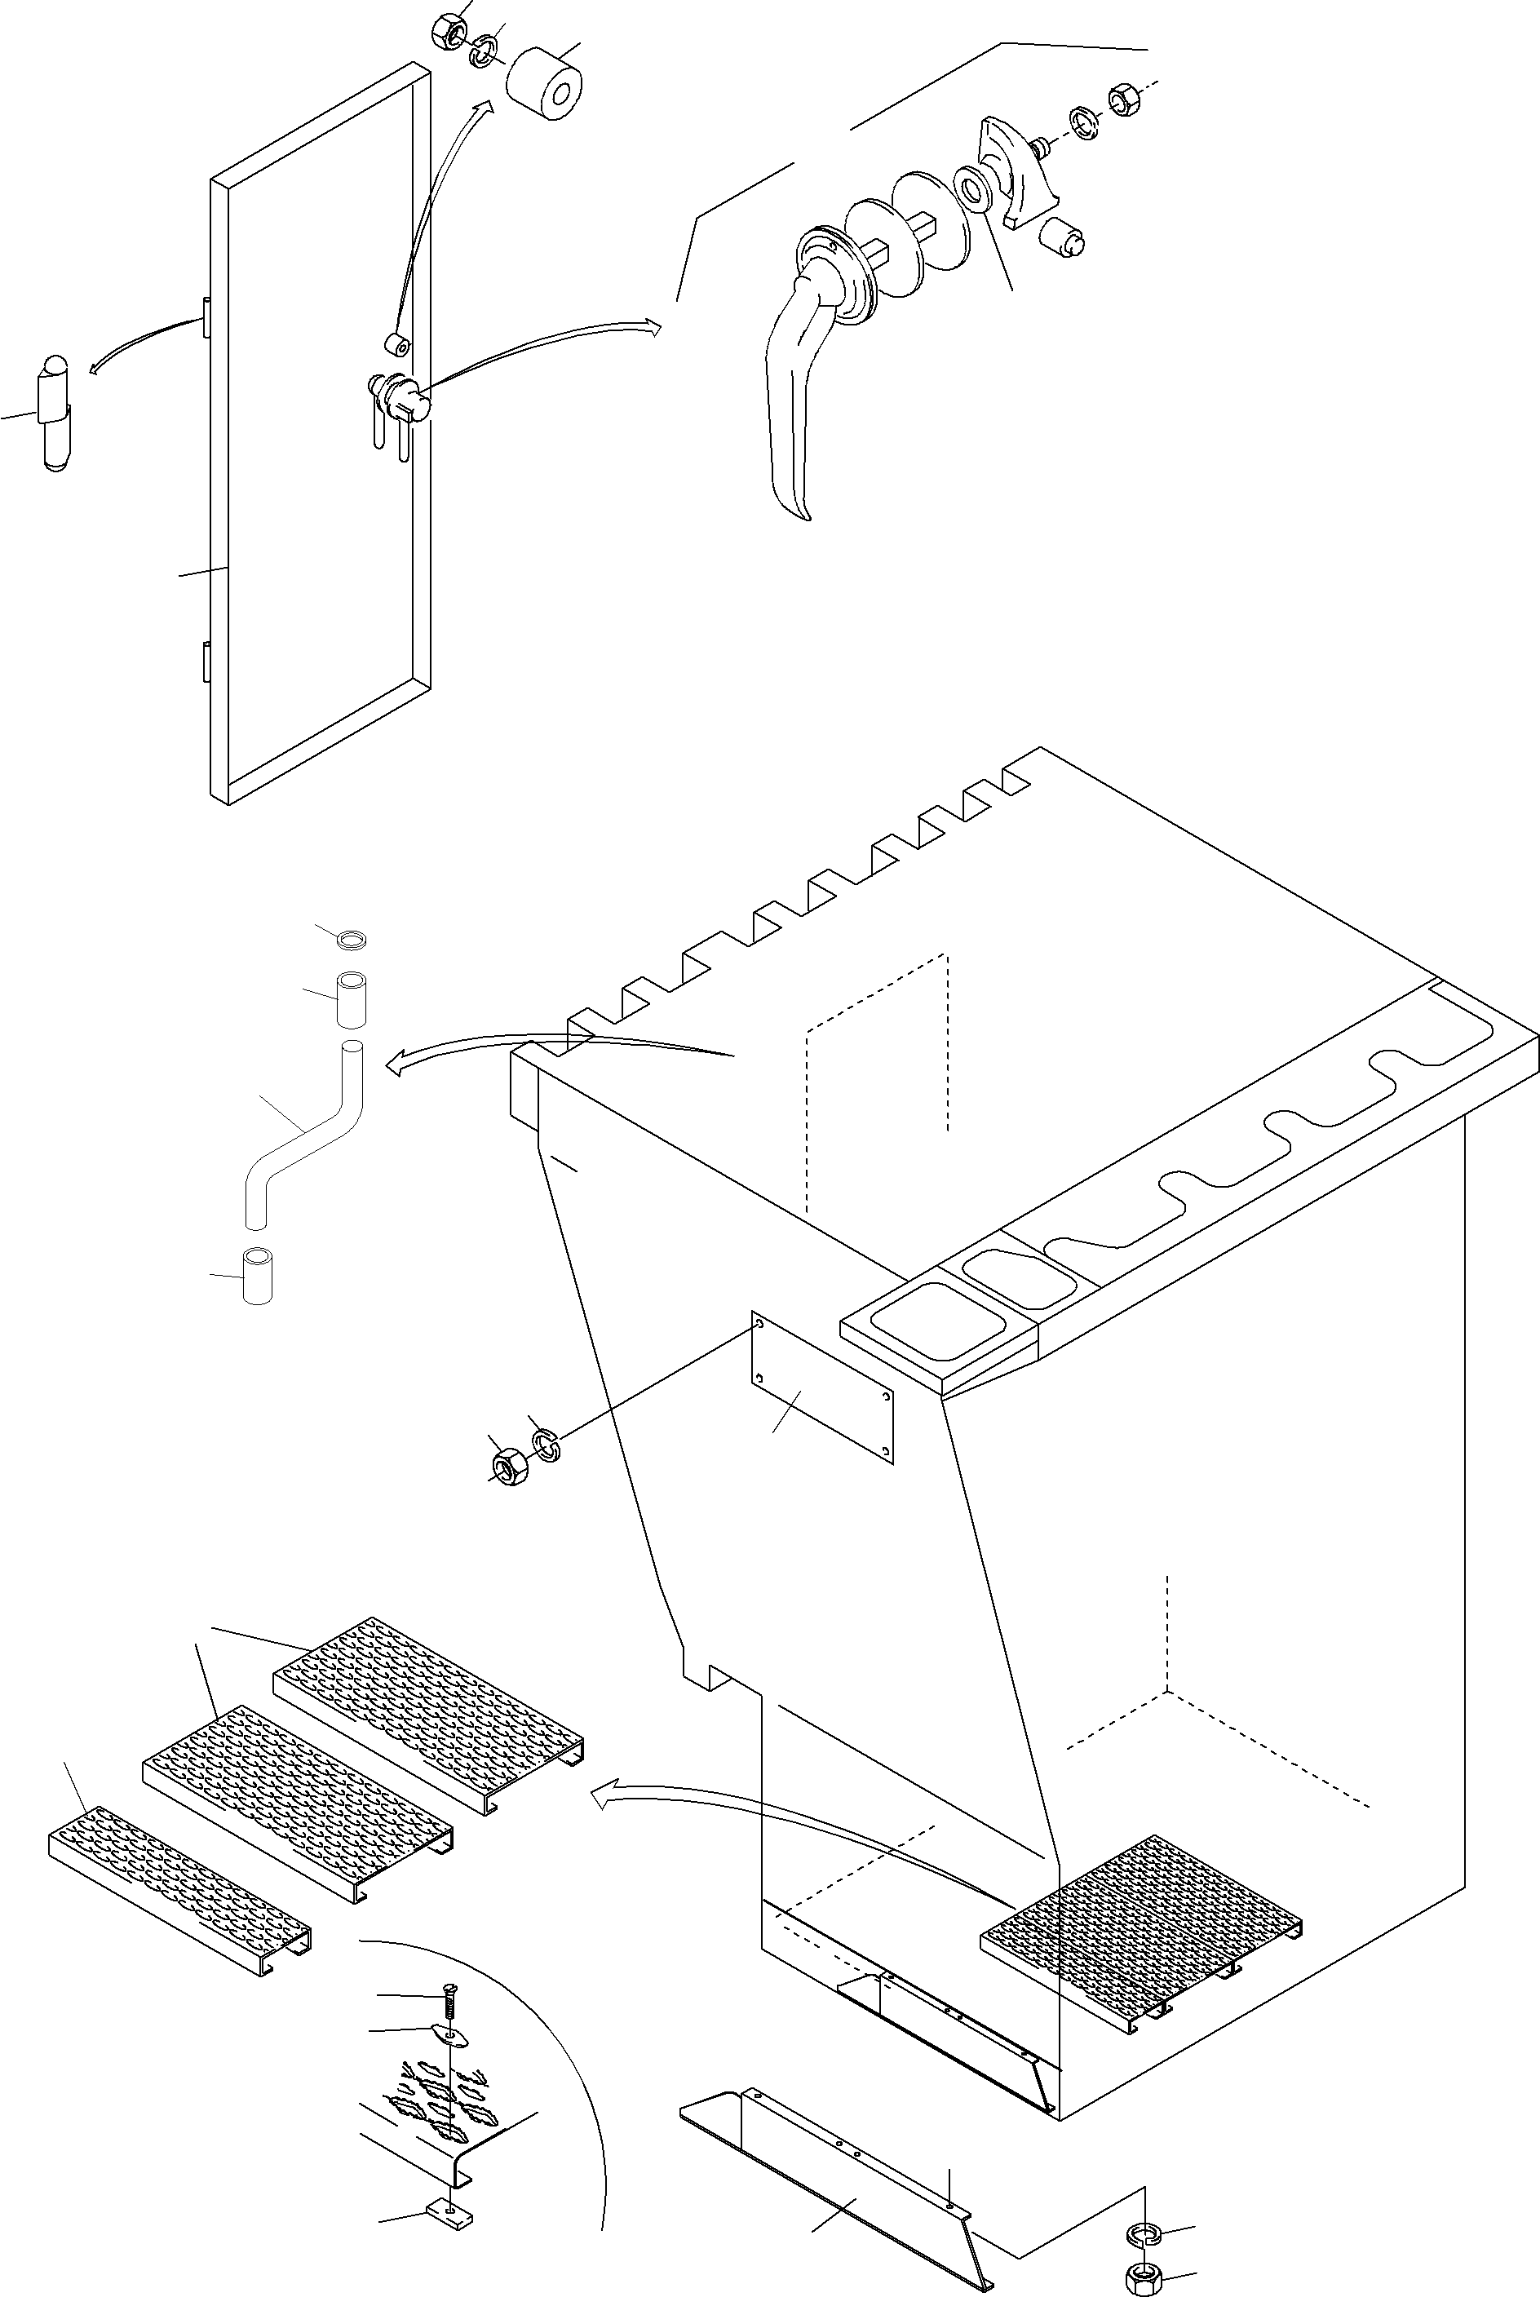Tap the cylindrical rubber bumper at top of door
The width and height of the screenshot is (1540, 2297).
(x=543, y=86)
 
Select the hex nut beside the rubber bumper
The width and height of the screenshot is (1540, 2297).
(x=446, y=29)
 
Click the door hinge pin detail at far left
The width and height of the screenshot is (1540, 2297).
(x=55, y=414)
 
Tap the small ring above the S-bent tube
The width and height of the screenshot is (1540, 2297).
(x=352, y=940)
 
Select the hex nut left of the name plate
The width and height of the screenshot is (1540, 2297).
(x=510, y=1466)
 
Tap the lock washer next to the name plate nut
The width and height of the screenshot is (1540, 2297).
(x=545, y=1444)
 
